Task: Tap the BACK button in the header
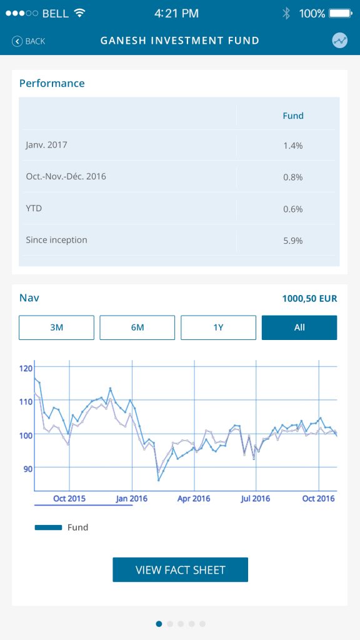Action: pos(29,41)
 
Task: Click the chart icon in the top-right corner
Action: pos(339,41)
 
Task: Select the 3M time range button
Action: pos(56,327)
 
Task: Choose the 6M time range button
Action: pos(137,327)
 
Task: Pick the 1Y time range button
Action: pos(218,327)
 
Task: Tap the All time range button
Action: pos(299,327)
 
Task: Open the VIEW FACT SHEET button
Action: pos(181,570)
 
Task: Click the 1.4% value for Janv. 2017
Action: pos(293,145)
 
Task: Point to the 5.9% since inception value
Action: pos(293,241)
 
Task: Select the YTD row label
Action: pos(34,208)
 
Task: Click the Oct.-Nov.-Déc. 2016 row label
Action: pos(66,176)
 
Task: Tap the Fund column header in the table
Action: pos(293,116)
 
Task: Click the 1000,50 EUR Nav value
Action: pos(310,299)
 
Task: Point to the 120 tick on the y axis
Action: pos(25,368)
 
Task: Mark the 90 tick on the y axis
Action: pos(27,468)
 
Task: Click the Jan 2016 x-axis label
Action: pos(131,499)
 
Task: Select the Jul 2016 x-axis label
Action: pos(256,499)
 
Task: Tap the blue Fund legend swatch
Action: pos(49,527)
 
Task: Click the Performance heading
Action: pos(52,83)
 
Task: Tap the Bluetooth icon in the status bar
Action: pos(286,14)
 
